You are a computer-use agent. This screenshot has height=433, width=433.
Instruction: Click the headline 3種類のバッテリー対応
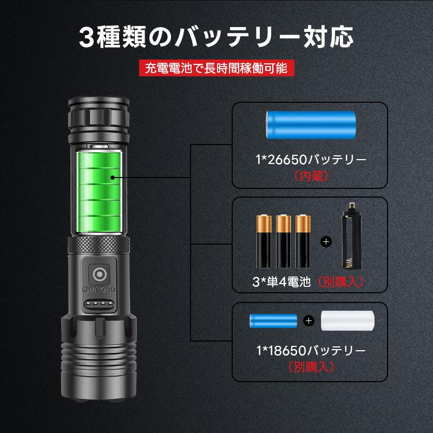(216, 38)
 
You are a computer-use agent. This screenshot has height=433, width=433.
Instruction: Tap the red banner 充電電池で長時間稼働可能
(216, 68)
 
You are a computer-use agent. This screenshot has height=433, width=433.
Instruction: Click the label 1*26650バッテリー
(311, 160)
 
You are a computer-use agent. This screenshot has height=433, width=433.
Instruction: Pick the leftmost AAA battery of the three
(264, 240)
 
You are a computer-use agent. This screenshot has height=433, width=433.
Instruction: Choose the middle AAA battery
(284, 240)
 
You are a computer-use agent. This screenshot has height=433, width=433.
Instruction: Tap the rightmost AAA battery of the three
(304, 240)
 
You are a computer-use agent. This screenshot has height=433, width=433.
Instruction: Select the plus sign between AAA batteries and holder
(326, 241)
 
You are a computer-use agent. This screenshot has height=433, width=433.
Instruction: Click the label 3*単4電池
(281, 281)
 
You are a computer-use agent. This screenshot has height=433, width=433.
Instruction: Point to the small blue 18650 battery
(273, 320)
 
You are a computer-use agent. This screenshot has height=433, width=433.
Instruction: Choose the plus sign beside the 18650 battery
(309, 320)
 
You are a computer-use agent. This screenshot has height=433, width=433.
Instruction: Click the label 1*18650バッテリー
(311, 350)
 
